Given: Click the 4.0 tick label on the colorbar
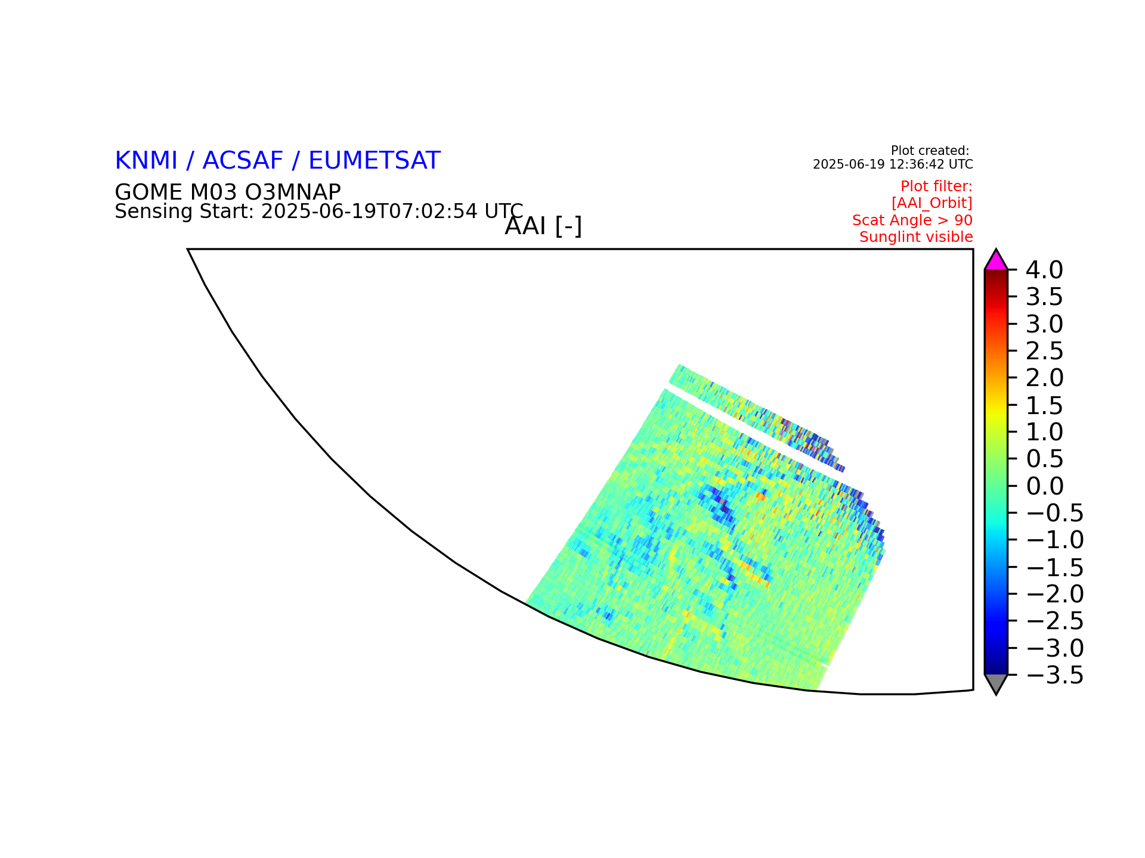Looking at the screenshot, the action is click(1044, 270).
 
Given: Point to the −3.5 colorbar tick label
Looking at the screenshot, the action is click(1055, 676).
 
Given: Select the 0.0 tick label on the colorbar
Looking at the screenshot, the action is click(1044, 486).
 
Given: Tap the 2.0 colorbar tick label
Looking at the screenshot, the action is click(1044, 378).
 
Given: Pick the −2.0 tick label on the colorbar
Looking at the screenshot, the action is click(1055, 594).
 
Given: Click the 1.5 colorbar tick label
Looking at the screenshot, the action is click(1044, 406).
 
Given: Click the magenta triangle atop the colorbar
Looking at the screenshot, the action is click(996, 261).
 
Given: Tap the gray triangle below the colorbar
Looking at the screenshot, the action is click(996, 683).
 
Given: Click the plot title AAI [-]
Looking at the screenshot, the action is click(543, 226).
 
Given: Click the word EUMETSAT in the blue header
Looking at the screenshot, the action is click(375, 161).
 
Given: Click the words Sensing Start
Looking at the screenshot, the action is click(185, 212).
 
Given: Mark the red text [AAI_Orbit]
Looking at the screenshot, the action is click(932, 203).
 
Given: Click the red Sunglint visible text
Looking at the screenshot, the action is click(916, 237).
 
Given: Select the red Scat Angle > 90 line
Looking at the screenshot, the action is click(912, 220).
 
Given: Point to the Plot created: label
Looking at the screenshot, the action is click(930, 151).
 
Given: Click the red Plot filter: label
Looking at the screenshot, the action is click(936, 186).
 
